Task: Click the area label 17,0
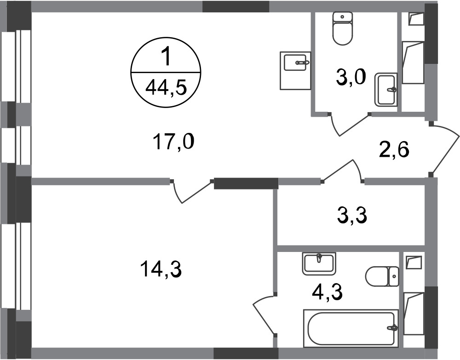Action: [x=173, y=143]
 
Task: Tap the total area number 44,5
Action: [x=166, y=86]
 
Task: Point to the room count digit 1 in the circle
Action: [x=166, y=59]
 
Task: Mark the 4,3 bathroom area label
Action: [x=326, y=291]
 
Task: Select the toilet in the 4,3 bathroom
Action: [x=382, y=277]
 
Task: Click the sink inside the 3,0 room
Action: [x=385, y=89]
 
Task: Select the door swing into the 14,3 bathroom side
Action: [x=264, y=315]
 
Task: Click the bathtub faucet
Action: [x=392, y=328]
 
